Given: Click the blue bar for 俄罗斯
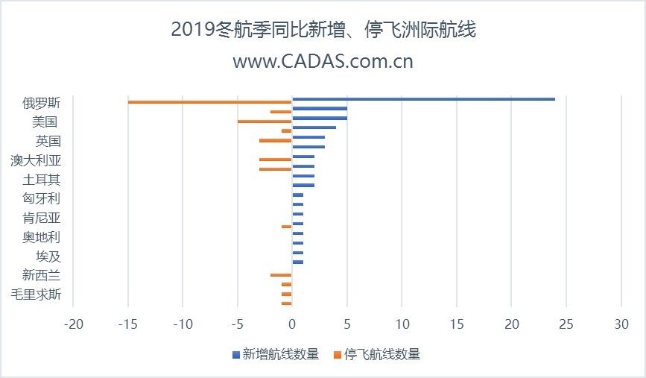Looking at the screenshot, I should coord(423,99).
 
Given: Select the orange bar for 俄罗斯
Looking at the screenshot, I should coord(209,102).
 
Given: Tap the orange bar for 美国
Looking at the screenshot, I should coord(265,122).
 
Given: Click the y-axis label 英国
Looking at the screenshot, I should coord(48,141).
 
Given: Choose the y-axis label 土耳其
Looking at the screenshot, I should coord(42,180).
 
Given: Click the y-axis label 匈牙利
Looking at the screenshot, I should coord(42,198).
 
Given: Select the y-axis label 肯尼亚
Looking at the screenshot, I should coord(42,218).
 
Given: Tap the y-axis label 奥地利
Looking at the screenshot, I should coord(42,237).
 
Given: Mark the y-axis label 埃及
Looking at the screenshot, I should coord(48,256).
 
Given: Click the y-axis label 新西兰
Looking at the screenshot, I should coord(42,275).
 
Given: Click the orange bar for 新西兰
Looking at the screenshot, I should coord(281,275).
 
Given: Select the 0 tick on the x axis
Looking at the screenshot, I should coord(292,325).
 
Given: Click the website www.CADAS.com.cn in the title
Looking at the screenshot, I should coord(323,61).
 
